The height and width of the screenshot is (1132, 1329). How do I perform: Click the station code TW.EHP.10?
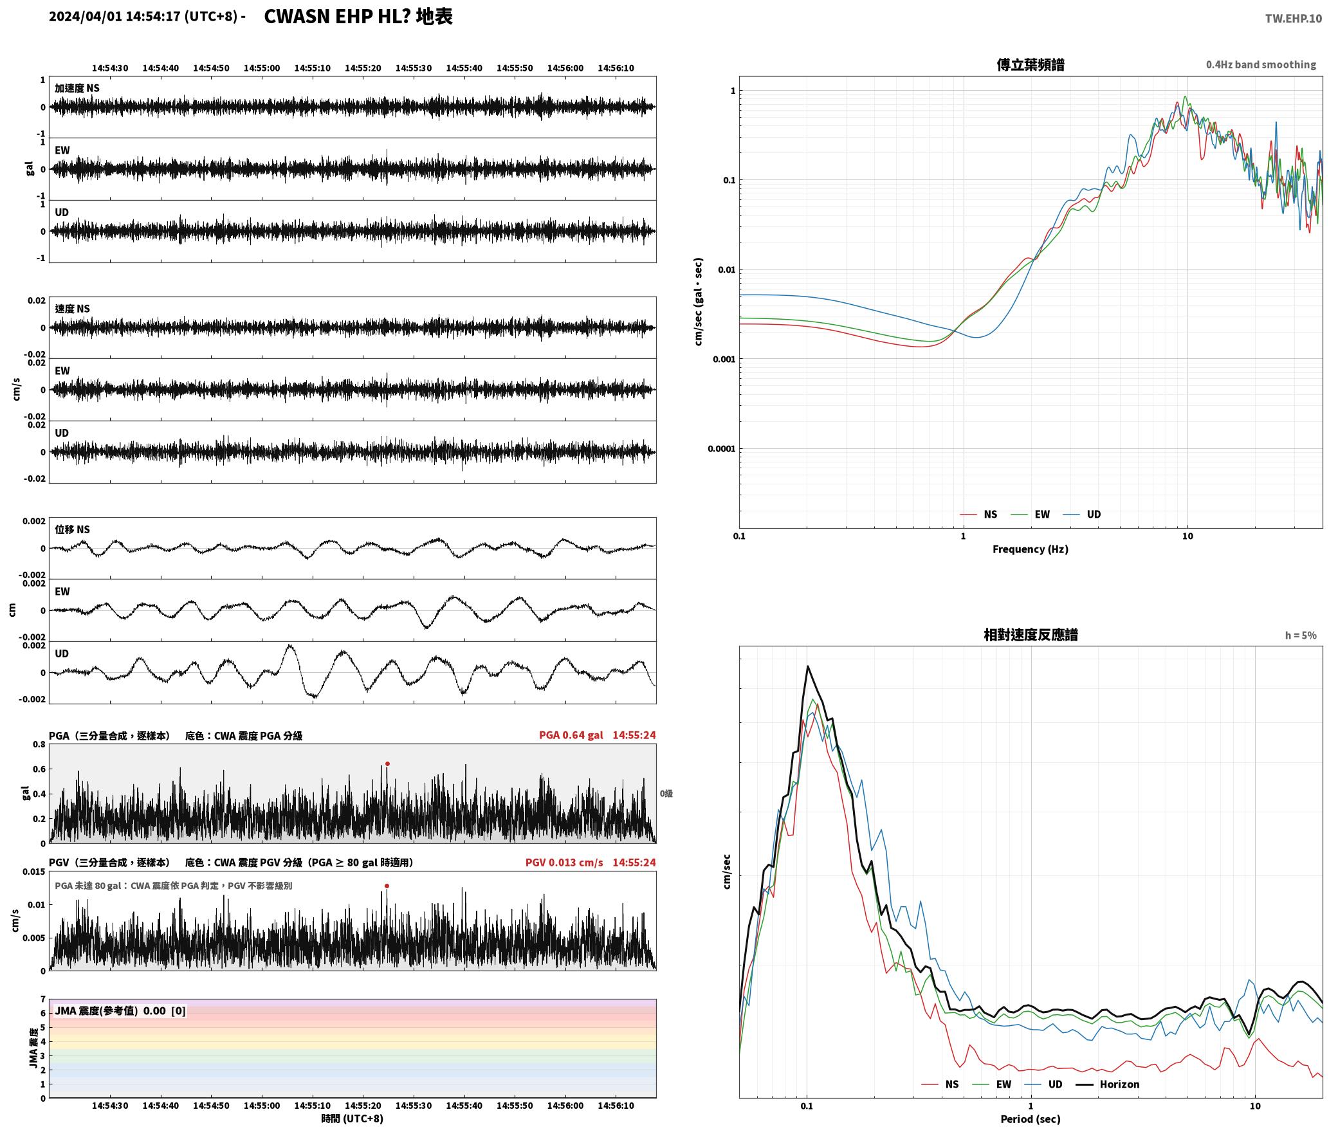point(1293,19)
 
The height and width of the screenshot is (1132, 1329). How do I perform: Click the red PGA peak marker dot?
point(387,764)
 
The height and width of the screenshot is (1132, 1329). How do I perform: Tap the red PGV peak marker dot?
point(387,886)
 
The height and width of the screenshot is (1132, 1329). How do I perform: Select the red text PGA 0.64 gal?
point(571,735)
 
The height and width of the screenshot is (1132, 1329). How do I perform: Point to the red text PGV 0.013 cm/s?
point(564,863)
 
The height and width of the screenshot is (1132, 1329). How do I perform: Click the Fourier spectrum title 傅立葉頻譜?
point(1031,65)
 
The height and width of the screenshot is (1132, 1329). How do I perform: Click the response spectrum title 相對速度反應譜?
point(1031,635)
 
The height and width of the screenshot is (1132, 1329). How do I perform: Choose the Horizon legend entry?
point(1108,1084)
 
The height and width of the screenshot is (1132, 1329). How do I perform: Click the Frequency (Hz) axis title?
point(1031,549)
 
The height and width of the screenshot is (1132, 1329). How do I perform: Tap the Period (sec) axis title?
point(1031,1119)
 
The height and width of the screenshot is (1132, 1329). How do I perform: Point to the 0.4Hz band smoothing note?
point(1261,65)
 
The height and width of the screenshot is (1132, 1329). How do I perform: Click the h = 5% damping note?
point(1301,635)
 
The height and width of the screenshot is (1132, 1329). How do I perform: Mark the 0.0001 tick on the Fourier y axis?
point(721,449)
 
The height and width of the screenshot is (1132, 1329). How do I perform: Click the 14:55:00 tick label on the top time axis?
point(262,68)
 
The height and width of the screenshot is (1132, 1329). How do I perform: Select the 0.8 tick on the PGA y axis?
point(39,745)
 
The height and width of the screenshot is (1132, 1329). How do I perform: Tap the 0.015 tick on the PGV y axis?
point(34,872)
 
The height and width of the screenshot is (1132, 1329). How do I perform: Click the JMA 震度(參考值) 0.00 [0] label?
point(120,1011)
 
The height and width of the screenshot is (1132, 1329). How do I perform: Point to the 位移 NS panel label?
point(72,530)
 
